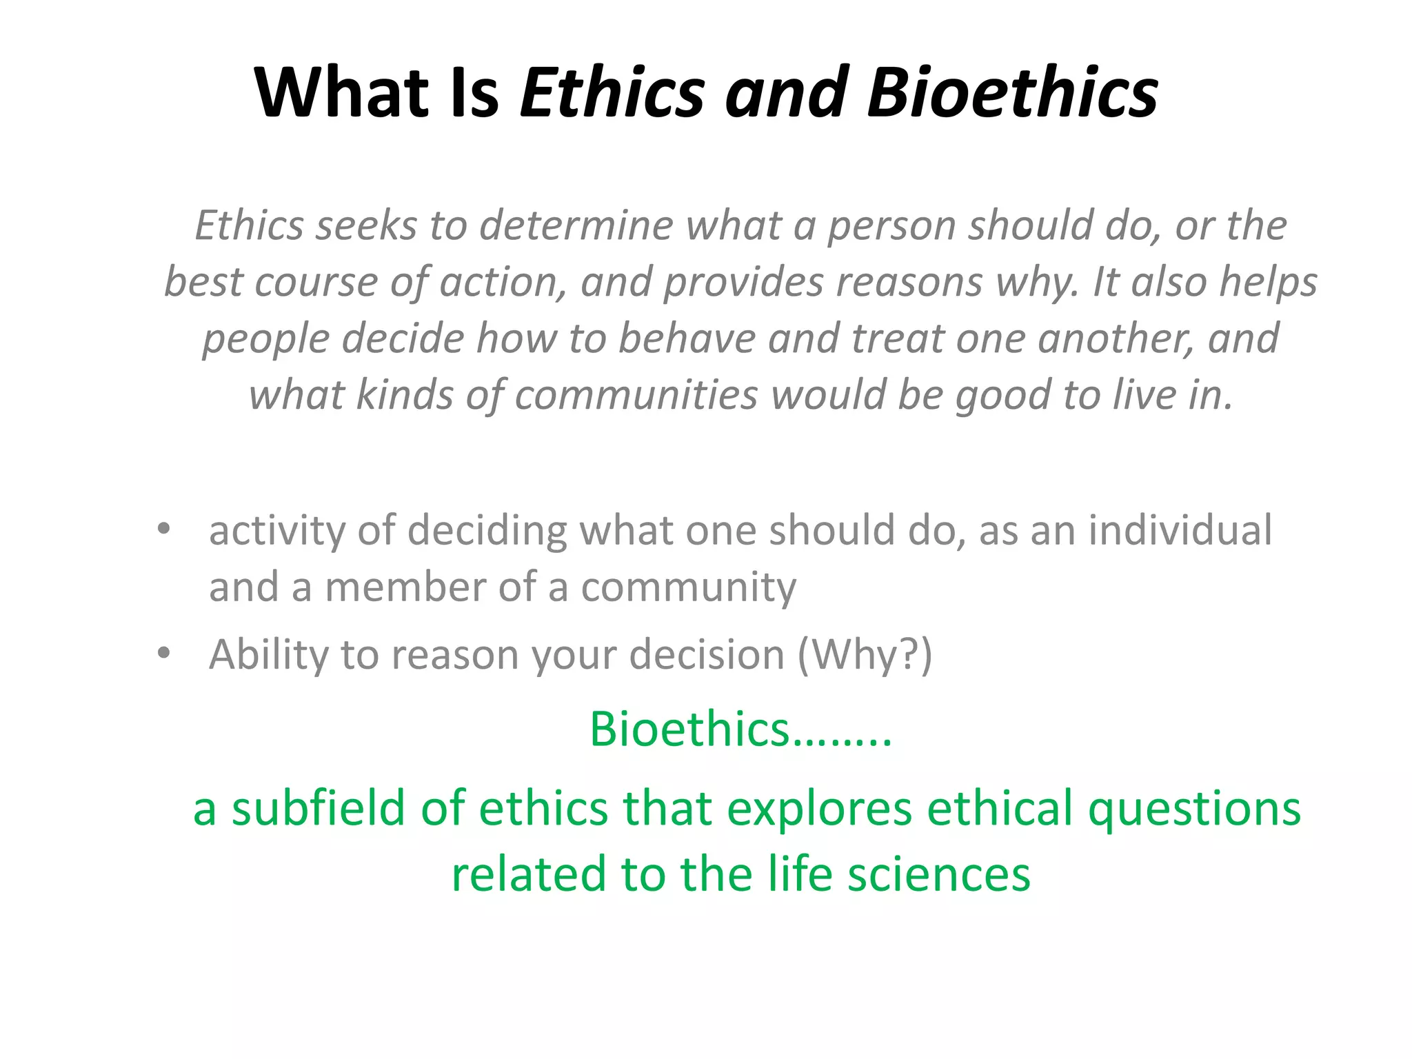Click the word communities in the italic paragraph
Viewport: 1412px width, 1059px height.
tap(636, 396)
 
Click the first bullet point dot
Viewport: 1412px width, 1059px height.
tap(163, 529)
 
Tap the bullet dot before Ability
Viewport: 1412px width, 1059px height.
tap(163, 652)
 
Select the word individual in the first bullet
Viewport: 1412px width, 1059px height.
tap(1180, 531)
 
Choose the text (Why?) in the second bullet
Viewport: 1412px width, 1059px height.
tap(865, 655)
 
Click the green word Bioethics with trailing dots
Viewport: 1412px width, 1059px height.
tap(740, 729)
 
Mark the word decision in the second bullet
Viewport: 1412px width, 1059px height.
tap(707, 655)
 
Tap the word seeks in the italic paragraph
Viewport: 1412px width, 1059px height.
tap(366, 226)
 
